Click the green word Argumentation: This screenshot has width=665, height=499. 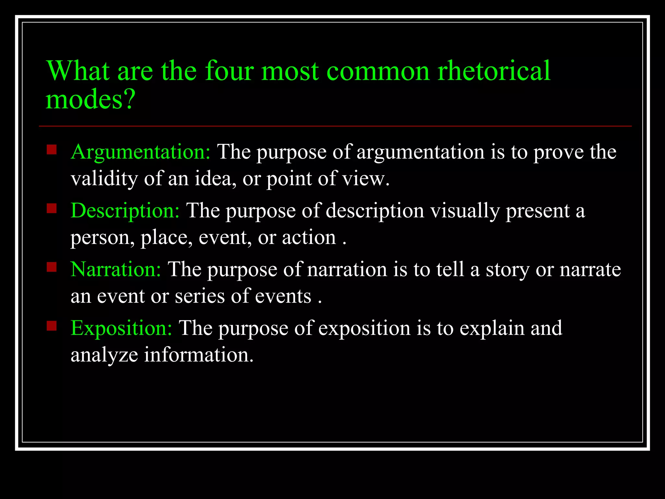click(x=141, y=152)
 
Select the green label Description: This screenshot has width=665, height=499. click(x=125, y=211)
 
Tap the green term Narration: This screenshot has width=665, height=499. click(x=116, y=269)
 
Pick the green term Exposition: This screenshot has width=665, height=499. click(x=121, y=328)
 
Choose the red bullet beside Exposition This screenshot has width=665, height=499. click(x=52, y=326)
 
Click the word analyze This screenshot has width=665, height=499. click(x=104, y=355)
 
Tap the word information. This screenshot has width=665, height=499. click(x=198, y=354)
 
